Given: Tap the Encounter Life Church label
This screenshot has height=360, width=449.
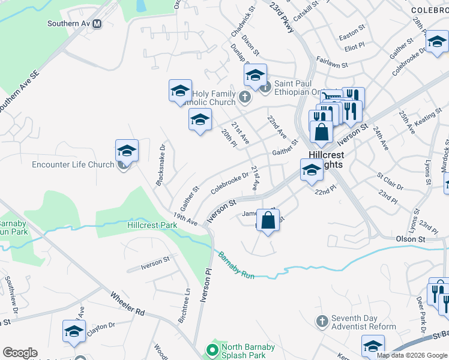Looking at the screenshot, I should (73, 164).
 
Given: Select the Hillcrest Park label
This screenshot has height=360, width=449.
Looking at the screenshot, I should (152, 225).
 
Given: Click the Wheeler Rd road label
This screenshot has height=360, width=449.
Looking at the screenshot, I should (128, 304).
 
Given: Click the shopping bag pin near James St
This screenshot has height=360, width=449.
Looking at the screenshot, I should (268, 219).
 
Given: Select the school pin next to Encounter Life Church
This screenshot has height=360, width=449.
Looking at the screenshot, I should (127, 150).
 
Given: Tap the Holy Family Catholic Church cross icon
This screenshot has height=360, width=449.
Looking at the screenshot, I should (244, 96).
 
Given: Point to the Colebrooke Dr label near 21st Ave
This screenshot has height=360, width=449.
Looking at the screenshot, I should (229, 184).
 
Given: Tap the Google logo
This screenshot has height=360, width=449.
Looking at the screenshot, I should (20, 353).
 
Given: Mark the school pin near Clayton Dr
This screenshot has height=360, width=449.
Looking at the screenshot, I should (74, 331).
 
